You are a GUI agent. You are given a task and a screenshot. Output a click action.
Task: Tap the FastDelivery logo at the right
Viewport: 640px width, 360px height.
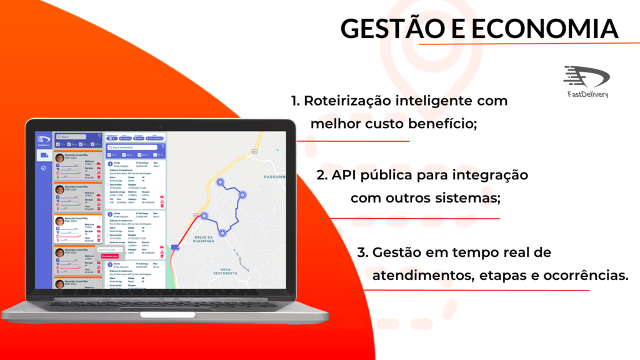pyautogui.click(x=586, y=81)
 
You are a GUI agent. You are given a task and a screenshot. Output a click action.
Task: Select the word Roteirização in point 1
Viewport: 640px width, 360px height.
pyautogui.click(x=355, y=101)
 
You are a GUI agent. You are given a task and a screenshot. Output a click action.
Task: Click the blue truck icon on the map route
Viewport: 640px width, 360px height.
pyautogui.click(x=175, y=248)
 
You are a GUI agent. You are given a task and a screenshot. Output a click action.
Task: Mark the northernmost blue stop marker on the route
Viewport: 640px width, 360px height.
pyautogui.click(x=220, y=182)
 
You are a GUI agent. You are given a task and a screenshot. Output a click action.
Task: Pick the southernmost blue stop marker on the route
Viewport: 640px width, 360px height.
pyautogui.click(x=222, y=233)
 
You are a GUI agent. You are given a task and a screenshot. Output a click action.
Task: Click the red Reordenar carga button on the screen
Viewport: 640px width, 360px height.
pyautogui.click(x=109, y=256)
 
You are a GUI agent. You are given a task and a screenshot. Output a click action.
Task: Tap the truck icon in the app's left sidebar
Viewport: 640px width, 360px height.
pyautogui.click(x=44, y=156)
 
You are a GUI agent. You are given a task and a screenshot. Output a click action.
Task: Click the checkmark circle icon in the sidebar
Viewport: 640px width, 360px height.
pyautogui.click(x=44, y=168)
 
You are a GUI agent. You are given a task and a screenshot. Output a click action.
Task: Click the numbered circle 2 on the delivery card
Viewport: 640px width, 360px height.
pyautogui.click(x=109, y=214)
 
